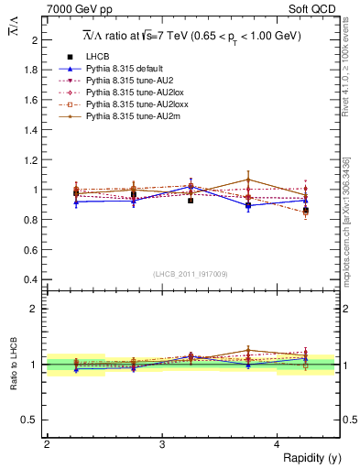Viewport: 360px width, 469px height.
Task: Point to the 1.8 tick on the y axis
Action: pos(29,70)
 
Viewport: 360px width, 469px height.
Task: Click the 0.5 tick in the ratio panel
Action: pos(29,420)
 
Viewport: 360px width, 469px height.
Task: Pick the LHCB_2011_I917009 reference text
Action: pos(191,274)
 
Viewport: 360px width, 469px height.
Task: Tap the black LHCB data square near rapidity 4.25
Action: pos(306,211)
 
